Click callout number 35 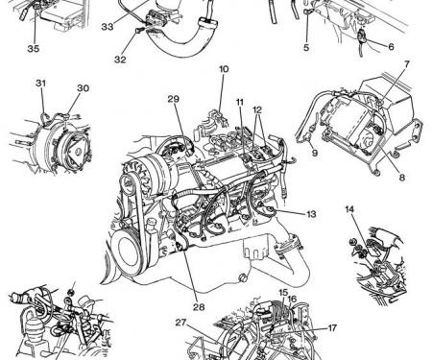coord(34,49)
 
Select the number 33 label coord(108,27)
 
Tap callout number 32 coord(120,60)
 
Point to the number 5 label coord(306,48)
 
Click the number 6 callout coord(391,47)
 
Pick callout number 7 coord(406,64)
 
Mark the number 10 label coord(224,69)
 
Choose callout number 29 coord(174,99)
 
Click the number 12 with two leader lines coord(257,109)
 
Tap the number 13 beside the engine coord(311,214)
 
